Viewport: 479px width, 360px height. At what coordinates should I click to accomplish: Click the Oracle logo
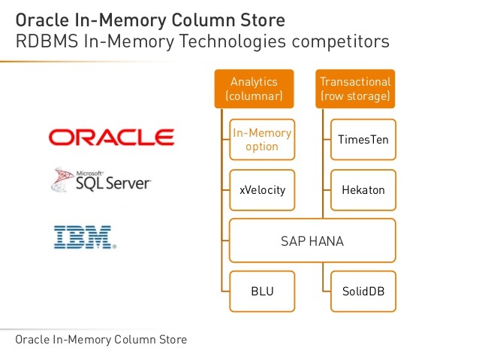[111, 137]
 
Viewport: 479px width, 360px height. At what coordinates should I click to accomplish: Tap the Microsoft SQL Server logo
[101, 180]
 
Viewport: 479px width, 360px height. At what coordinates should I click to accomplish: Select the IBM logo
[83, 237]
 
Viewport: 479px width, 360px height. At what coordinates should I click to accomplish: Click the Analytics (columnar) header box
[255, 89]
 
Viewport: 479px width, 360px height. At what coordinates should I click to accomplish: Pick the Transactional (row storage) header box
[355, 89]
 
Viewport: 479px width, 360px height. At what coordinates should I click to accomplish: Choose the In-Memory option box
[262, 140]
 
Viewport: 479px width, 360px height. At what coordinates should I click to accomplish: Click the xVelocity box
[262, 189]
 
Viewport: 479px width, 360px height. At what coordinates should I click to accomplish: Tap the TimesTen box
[363, 140]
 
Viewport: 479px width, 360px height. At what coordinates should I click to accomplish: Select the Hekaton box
[363, 189]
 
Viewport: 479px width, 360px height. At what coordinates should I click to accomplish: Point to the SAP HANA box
[312, 241]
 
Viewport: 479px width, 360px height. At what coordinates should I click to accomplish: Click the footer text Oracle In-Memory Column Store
[101, 340]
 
